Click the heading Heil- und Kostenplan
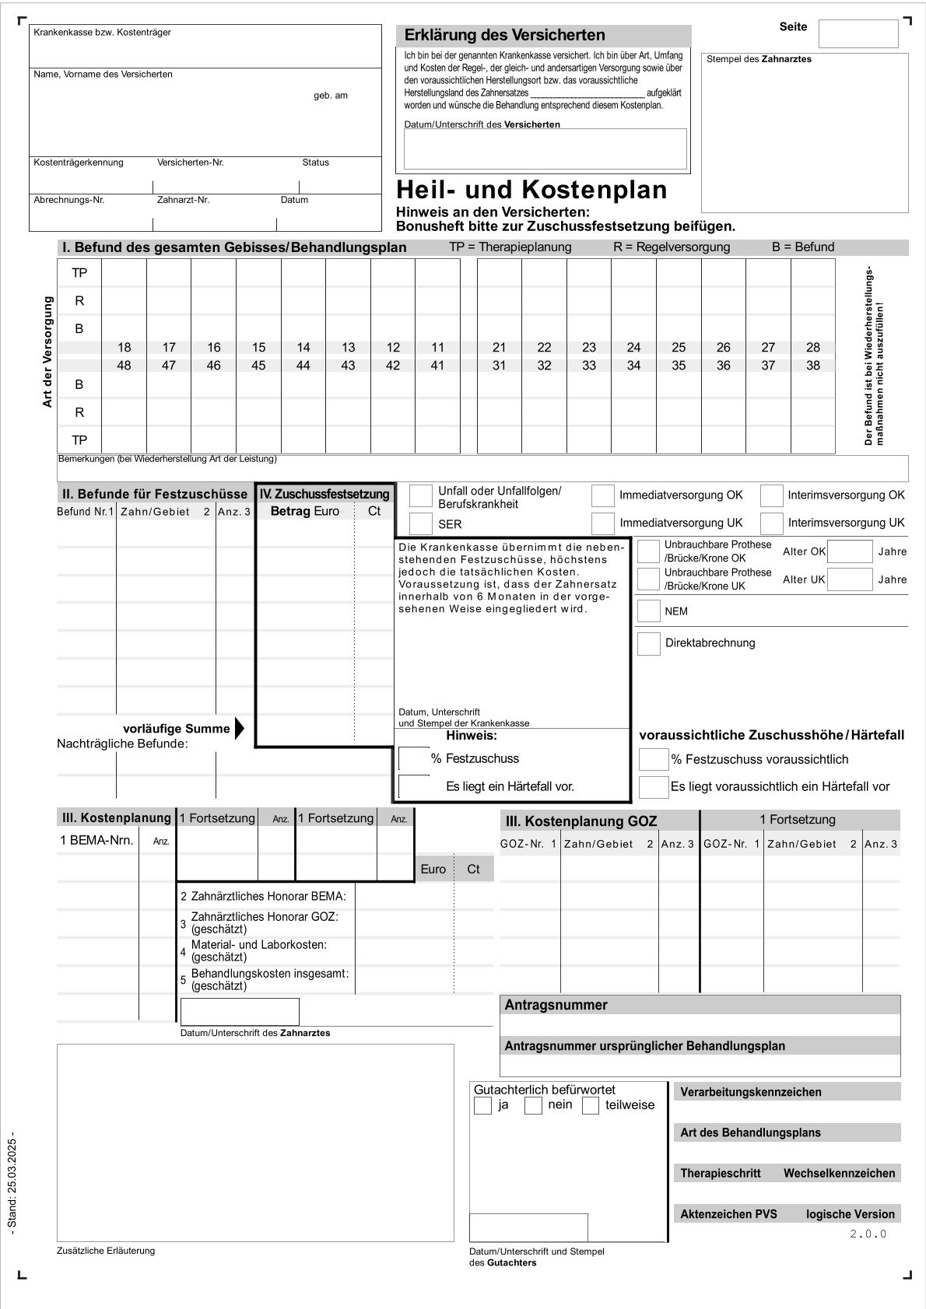(x=531, y=191)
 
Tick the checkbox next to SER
(x=421, y=523)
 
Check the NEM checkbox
(x=648, y=611)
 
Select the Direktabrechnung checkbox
(x=648, y=643)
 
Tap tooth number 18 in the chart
(x=124, y=348)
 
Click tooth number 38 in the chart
(x=812, y=366)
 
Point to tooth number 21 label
(x=499, y=348)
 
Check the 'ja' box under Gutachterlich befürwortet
(x=482, y=1105)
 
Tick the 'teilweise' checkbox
(x=591, y=1105)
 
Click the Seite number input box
(x=858, y=34)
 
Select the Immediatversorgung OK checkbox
(x=602, y=495)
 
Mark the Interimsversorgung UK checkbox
(x=771, y=523)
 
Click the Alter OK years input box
(x=850, y=551)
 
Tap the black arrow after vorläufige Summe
(x=239, y=729)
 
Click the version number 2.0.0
(x=868, y=1234)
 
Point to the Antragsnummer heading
(x=556, y=1005)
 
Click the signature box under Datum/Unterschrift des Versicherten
(x=545, y=149)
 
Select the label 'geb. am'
(x=331, y=96)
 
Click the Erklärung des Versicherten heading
(x=504, y=35)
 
